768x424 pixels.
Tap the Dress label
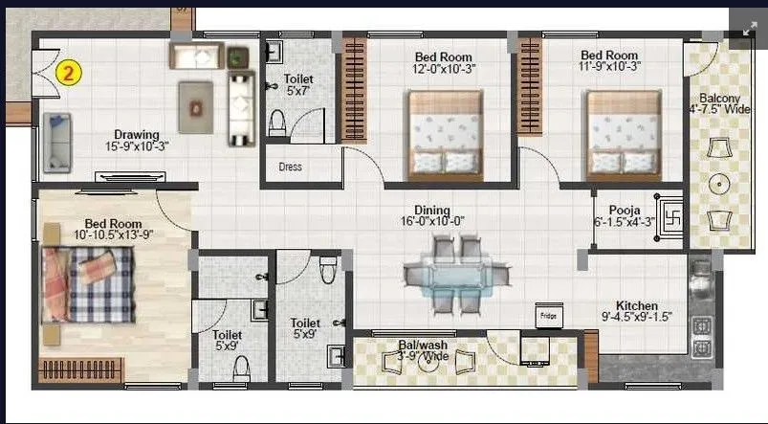[x=290, y=167]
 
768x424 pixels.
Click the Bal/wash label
[x=424, y=349]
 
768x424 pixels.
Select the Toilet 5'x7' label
[x=299, y=85]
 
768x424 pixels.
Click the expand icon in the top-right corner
[x=748, y=29]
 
